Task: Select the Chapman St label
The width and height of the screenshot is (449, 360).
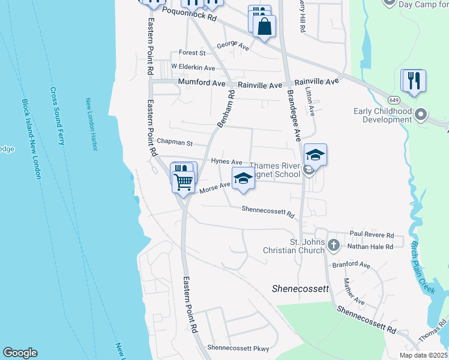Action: click(x=173, y=143)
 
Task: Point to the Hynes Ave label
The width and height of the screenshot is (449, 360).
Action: click(x=226, y=162)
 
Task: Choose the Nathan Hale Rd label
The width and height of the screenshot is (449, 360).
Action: click(x=372, y=246)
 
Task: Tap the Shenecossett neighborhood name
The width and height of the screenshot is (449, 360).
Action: click(x=301, y=289)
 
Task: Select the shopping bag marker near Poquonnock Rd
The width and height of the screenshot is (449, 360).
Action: click(x=264, y=26)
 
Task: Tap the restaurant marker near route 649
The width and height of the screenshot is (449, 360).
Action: click(x=414, y=81)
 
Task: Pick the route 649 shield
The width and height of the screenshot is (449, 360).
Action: click(x=394, y=99)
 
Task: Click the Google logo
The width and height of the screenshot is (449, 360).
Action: click(x=20, y=353)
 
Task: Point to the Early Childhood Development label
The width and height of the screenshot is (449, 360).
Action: click(x=382, y=115)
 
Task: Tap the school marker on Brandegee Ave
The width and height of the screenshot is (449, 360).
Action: click(x=315, y=155)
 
